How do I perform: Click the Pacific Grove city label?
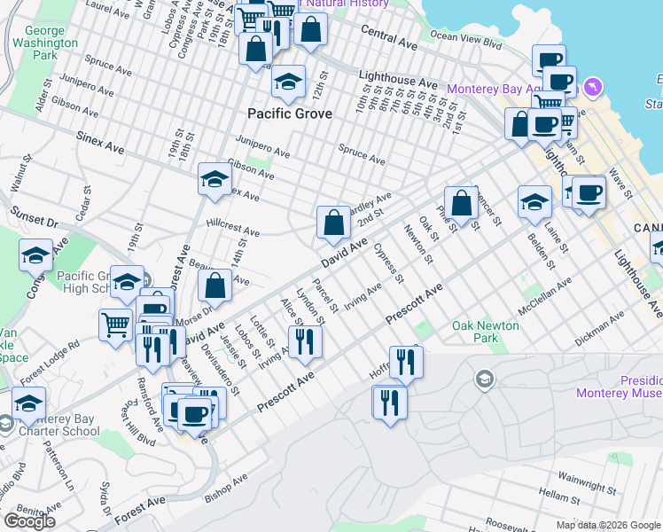click(x=290, y=113)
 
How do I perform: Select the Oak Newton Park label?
click(x=485, y=332)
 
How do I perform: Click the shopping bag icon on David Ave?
click(x=333, y=223)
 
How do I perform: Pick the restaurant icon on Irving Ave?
click(x=305, y=340)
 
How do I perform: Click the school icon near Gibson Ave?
click(x=214, y=179)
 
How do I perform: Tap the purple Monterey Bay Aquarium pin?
click(x=592, y=88)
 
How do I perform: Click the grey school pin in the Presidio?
click(x=484, y=380)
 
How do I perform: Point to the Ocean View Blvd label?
click(x=465, y=36)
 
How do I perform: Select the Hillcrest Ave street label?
click(x=232, y=227)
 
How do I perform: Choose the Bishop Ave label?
click(x=228, y=484)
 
